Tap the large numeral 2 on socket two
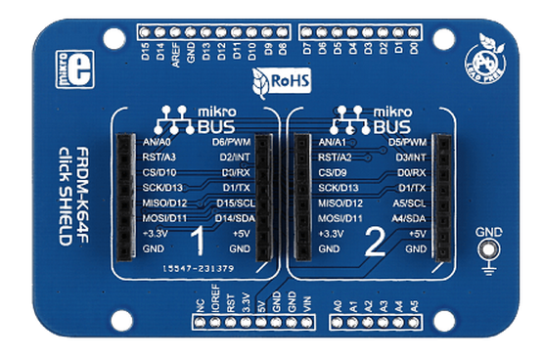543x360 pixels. pyautogui.click(x=373, y=242)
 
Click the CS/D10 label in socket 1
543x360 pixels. pyautogui.click(x=145, y=172)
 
